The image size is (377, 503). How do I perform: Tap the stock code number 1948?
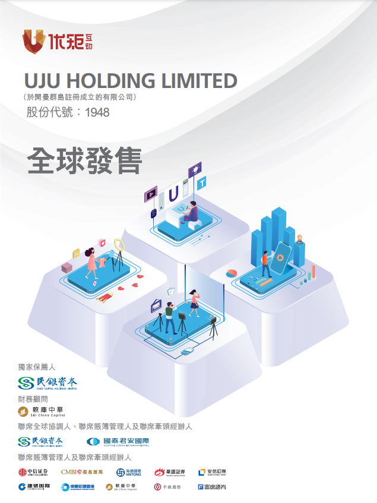click(x=97, y=112)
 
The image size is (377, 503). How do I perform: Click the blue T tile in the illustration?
click(x=202, y=183)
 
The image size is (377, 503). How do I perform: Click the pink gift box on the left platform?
click(x=66, y=268)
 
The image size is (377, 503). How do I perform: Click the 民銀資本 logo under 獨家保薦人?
click(x=47, y=382)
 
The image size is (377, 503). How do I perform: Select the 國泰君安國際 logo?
click(x=118, y=442)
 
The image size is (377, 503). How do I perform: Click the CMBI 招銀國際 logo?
click(x=82, y=472)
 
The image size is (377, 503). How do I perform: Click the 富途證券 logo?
click(x=211, y=487)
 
